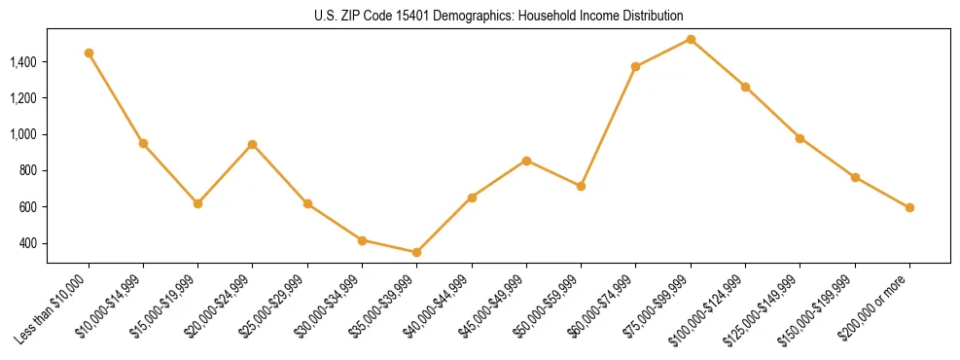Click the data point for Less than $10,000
click(x=89, y=53)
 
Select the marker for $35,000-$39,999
click(x=417, y=252)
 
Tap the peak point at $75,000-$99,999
click(x=691, y=39)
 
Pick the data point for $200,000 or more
click(x=909, y=207)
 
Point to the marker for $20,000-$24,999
click(x=253, y=144)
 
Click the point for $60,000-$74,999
click(x=636, y=66)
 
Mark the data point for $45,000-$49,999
click(x=526, y=161)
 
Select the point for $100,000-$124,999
click(x=745, y=87)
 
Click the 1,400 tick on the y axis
click(x=23, y=62)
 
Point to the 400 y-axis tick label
click(x=29, y=243)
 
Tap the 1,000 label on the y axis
click(x=23, y=134)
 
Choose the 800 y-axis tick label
click(x=29, y=170)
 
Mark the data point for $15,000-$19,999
click(x=197, y=203)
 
